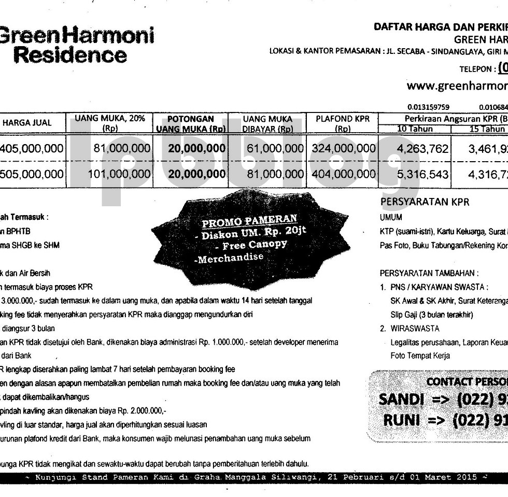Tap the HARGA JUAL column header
click(27, 123)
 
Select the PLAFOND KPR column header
click(343, 123)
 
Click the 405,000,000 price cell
click(32, 149)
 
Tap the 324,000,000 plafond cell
click(343, 149)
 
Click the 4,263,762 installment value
click(422, 149)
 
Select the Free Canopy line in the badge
click(255, 245)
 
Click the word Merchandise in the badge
click(231, 258)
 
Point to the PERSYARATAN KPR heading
click(425, 202)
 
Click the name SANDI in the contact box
click(402, 399)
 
